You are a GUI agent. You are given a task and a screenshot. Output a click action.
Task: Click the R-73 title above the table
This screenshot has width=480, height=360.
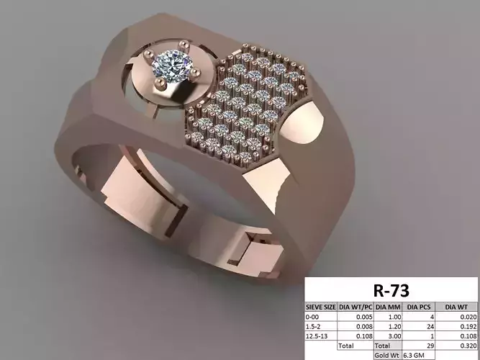tap(391, 291)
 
